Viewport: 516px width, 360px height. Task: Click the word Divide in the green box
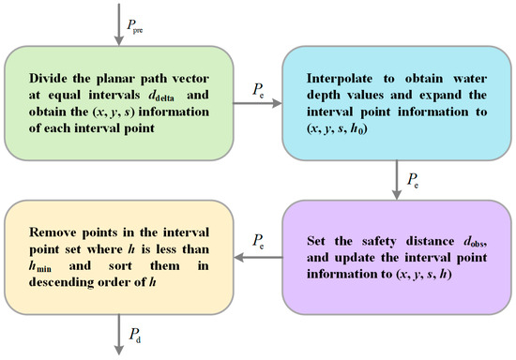[x=54, y=76]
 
